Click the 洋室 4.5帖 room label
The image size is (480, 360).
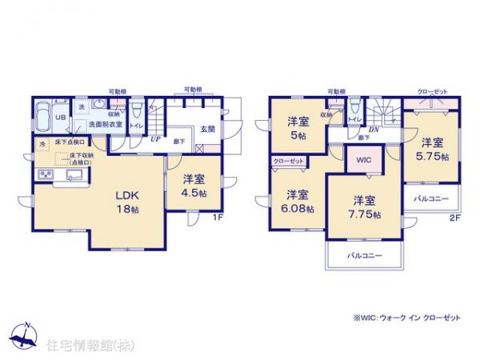point(194,186)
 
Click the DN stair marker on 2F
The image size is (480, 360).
point(372,130)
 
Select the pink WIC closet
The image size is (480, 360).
point(362,158)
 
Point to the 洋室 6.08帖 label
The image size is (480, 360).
point(298,201)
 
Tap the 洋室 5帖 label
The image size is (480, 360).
point(298,128)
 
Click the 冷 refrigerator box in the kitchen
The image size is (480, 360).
point(43,143)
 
